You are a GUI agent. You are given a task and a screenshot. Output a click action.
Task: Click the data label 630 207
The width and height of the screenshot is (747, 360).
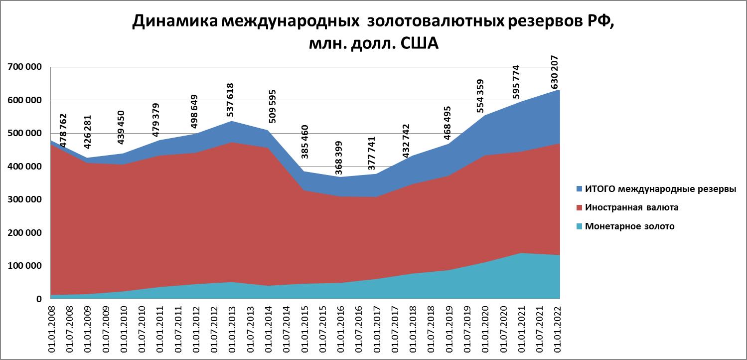click(555, 72)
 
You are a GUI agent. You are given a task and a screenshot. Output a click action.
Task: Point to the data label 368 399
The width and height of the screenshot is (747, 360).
click(339, 158)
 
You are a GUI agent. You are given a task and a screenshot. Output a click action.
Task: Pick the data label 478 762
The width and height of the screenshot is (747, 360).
click(63, 131)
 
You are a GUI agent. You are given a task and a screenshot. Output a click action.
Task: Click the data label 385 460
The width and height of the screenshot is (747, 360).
click(304, 142)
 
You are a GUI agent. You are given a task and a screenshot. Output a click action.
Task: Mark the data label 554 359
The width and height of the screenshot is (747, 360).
click(480, 96)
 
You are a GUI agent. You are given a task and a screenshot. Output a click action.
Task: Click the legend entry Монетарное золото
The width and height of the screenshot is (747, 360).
click(629, 226)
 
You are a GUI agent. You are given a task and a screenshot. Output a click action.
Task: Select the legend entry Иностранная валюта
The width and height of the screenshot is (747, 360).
click(631, 207)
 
